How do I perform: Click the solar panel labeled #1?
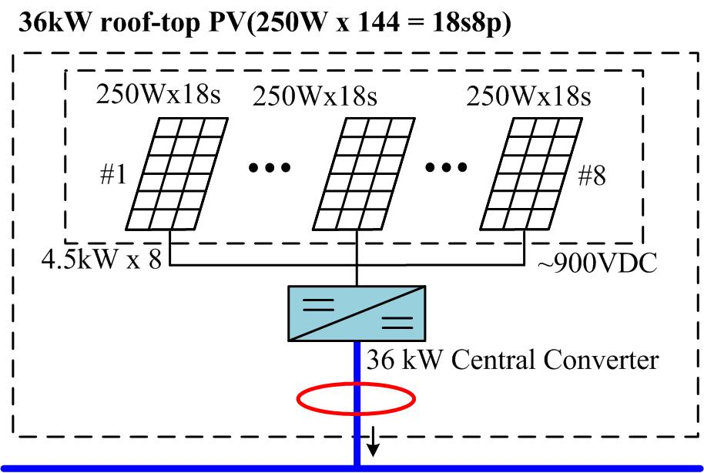[x=178, y=173]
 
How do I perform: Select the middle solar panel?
[x=366, y=173]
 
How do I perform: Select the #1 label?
[x=112, y=176]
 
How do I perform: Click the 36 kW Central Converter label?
[x=513, y=360]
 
